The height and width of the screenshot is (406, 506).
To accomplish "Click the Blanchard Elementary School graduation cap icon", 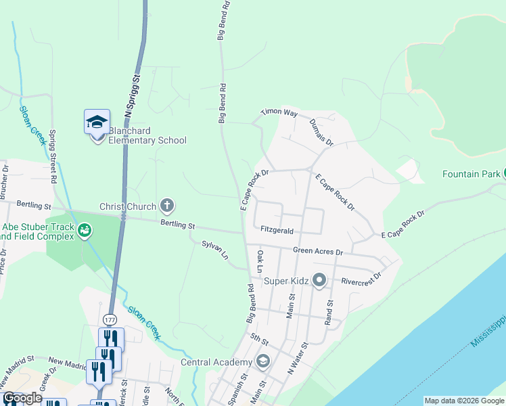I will pos(97,122).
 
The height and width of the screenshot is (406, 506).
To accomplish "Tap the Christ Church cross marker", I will pos(167,206).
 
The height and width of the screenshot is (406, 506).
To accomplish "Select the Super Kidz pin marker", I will pos(321,279).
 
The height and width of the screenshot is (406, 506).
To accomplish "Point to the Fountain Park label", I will pos(471,174).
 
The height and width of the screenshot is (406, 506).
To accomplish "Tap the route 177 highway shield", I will pos(110,319).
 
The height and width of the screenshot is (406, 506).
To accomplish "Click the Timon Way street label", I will pos(279,113).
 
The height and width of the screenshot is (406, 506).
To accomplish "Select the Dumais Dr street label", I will pos(322,131).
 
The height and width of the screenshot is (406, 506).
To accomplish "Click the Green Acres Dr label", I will pos(318,251).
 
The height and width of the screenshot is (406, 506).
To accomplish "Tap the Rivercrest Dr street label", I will pos(362,279).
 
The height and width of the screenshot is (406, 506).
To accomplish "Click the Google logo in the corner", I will pos(22,398).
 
